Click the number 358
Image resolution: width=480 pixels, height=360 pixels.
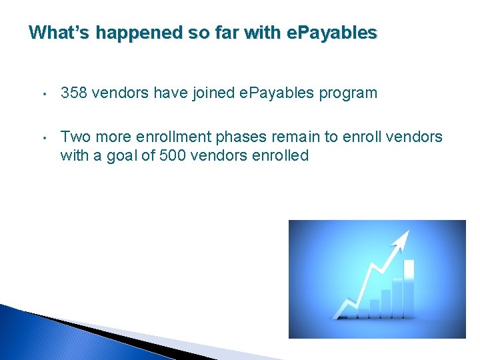74,93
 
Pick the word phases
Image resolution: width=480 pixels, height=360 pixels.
238,137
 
